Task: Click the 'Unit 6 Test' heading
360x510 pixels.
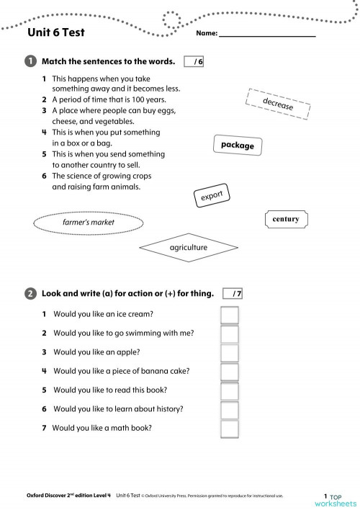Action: coord(56,32)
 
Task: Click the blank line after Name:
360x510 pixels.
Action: coord(267,33)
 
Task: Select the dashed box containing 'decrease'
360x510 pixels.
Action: coord(278,105)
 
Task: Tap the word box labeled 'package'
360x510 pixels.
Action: coord(238,146)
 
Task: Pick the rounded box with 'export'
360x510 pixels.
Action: coord(212,195)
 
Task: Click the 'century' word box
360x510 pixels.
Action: coord(286,219)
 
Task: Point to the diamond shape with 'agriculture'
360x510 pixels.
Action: coord(188,248)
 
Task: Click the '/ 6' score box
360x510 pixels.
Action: coord(194,62)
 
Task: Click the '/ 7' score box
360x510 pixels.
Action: coord(234,293)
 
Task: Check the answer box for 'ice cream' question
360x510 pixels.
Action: coord(229,316)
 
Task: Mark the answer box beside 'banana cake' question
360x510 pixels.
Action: coord(229,372)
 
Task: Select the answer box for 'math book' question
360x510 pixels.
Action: coord(229,428)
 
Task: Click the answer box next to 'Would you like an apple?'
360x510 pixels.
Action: coord(229,353)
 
